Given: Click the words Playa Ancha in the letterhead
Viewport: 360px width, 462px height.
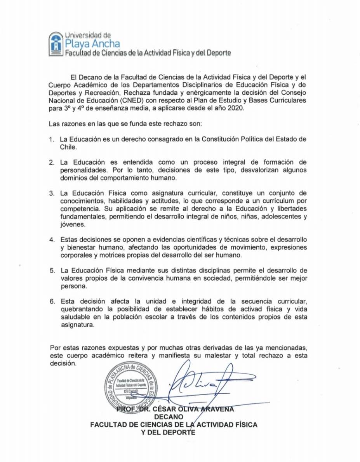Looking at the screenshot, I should [92, 43].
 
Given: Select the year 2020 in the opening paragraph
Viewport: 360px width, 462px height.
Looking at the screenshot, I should [234, 108].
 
